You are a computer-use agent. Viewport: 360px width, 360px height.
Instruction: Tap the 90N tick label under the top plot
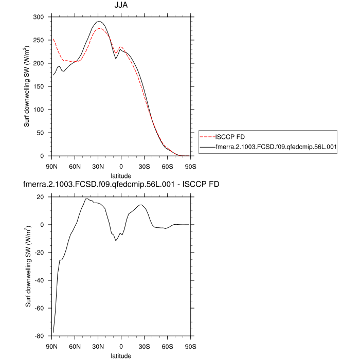click(51, 166)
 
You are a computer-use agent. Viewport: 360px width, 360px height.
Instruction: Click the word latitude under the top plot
click(121, 175)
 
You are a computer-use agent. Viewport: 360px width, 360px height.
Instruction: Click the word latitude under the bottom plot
click(121, 355)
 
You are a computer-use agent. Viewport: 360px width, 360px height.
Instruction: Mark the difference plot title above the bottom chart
click(121, 184)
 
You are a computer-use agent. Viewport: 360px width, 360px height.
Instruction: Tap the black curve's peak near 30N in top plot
click(99, 22)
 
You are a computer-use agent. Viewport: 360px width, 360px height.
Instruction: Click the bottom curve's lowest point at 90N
click(52, 332)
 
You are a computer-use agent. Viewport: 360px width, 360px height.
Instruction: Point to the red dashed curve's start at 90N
click(52, 38)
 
